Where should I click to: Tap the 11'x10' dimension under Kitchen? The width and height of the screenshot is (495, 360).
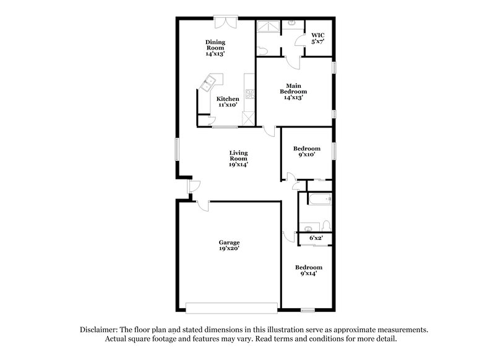(227, 105)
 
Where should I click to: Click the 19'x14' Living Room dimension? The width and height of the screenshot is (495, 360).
(238, 165)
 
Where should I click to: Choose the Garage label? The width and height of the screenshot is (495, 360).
(228, 246)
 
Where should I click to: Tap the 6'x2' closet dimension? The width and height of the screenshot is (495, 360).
(316, 237)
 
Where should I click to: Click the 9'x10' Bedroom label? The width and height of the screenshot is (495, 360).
(306, 152)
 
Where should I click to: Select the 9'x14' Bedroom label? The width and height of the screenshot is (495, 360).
(308, 270)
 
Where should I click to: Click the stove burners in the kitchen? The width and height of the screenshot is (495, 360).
(250, 95)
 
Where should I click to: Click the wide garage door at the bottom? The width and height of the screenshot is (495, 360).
(231, 307)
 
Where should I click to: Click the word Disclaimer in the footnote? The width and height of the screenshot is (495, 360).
(100, 330)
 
